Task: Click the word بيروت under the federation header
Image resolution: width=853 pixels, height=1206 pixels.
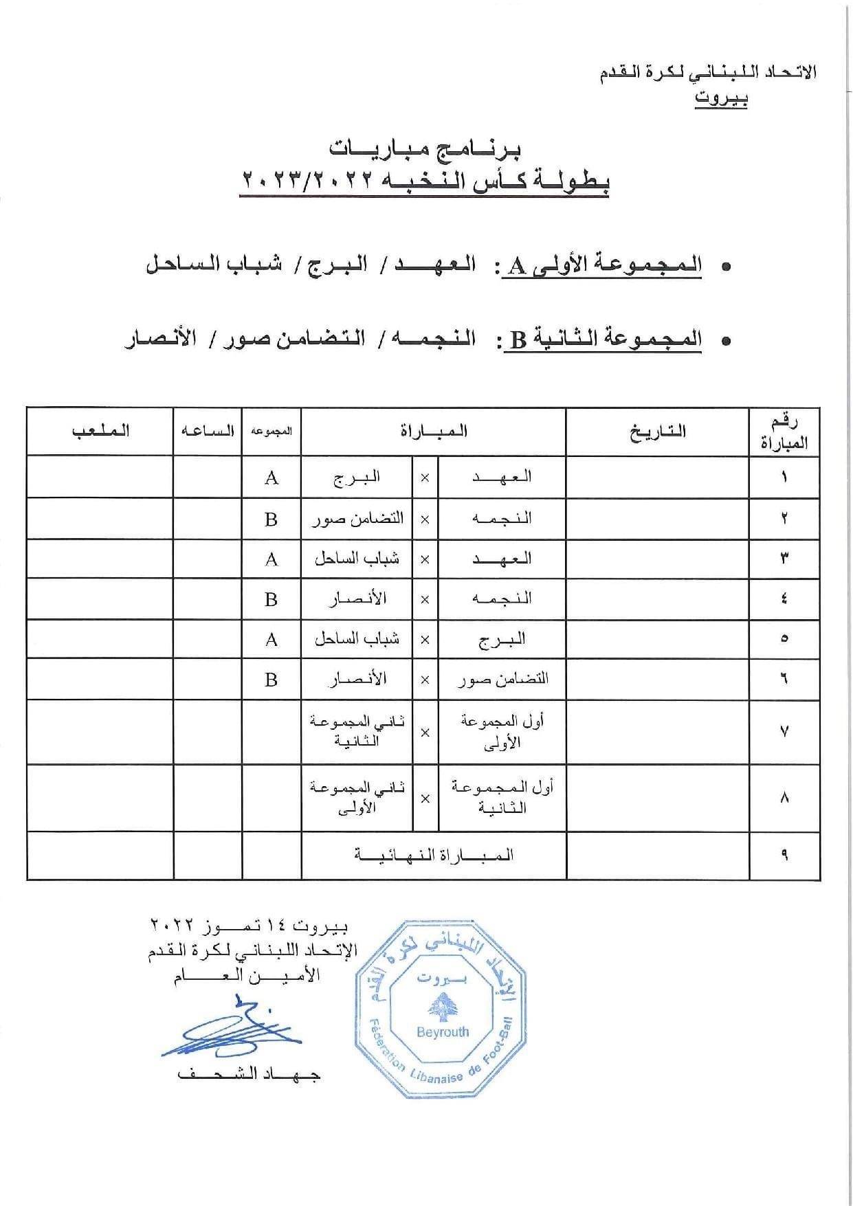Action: [720, 98]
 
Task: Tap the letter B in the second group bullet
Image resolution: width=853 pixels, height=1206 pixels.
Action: [518, 339]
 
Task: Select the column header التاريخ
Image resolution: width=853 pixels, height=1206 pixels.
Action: [657, 432]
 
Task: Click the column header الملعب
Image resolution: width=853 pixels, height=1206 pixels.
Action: [100, 431]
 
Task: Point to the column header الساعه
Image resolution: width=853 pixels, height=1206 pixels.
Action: [208, 431]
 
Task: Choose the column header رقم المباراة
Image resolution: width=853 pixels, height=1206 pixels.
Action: [784, 432]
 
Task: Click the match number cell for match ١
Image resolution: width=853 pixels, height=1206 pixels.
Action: [784, 478]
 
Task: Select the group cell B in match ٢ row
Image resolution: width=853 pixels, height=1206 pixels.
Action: [271, 519]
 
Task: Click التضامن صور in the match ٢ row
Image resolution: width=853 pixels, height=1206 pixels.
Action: [357, 519]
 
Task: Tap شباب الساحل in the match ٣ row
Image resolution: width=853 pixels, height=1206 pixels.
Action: [357, 559]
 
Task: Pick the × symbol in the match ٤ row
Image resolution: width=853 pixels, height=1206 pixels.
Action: [425, 599]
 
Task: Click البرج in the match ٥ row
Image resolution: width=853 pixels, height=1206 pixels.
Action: [502, 639]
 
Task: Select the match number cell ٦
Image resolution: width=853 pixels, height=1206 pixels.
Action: [784, 679]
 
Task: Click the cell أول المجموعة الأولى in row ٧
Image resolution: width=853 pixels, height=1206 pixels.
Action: [502, 731]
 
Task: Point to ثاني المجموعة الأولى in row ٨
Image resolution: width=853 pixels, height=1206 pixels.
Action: [357, 797]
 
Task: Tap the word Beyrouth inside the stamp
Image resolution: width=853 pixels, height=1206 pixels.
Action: [443, 1031]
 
